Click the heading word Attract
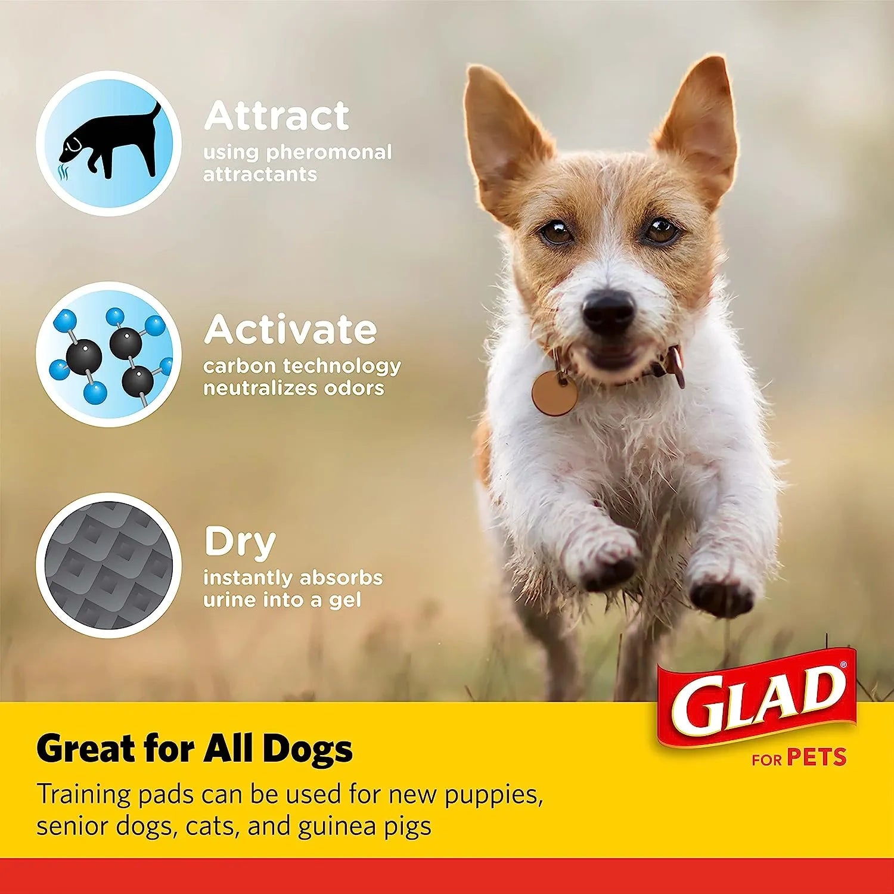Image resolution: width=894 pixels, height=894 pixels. (x=277, y=116)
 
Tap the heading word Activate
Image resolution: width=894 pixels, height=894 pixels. (x=290, y=329)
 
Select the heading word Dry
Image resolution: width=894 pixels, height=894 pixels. (x=240, y=542)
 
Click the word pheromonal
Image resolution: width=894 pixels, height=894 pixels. (x=328, y=153)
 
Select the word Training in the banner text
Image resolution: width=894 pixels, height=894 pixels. (x=83, y=795)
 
